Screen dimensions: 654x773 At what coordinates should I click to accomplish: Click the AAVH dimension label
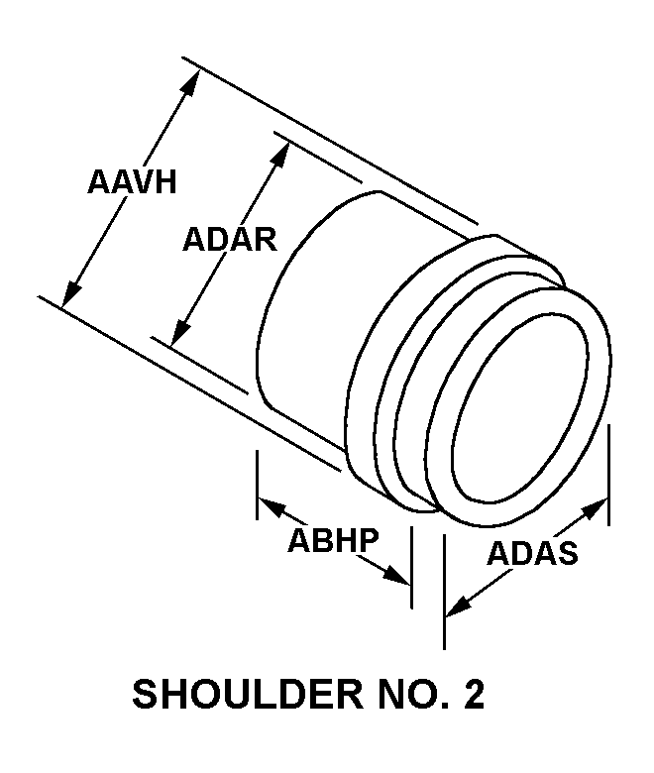[x=132, y=182]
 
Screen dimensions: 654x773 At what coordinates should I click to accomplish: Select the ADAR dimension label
[x=230, y=240]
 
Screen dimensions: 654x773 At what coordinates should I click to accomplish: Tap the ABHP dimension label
[x=334, y=540]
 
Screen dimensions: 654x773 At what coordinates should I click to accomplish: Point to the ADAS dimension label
[x=532, y=553]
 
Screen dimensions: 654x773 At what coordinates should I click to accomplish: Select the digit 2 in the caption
[x=474, y=694]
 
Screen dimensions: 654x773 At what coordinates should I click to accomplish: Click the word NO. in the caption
[x=413, y=694]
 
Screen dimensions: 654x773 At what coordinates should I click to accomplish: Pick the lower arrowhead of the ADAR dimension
[x=181, y=332]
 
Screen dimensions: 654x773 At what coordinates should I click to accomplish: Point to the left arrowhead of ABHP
[x=272, y=506]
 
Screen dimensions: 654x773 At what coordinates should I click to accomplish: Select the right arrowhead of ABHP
[x=396, y=575]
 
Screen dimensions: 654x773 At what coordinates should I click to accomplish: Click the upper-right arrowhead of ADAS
[x=595, y=507]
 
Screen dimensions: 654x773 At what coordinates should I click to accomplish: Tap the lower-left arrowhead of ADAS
[x=459, y=607]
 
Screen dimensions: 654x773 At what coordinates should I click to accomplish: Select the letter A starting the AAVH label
[x=98, y=182]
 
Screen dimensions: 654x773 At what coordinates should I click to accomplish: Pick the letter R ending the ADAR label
[x=267, y=240]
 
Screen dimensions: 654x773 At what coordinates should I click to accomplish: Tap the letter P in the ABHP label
[x=370, y=540]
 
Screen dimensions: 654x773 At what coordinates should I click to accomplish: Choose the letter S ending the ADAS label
[x=568, y=553]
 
